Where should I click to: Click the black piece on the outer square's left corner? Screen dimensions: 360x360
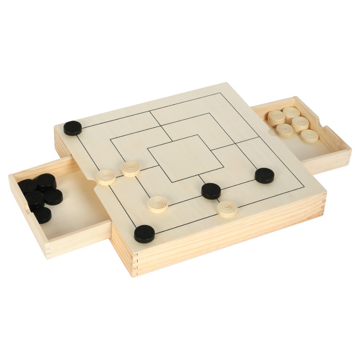click(x=73, y=128)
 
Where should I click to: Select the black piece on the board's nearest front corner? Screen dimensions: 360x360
click(x=144, y=233)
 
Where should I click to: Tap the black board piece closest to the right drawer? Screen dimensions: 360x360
click(x=264, y=175)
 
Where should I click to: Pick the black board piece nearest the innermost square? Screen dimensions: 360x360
click(x=211, y=190)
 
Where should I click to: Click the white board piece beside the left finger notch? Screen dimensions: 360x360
click(x=106, y=177)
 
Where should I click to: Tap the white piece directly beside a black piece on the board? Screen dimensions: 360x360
click(x=227, y=208)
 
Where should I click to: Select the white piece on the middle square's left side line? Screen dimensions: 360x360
click(x=131, y=168)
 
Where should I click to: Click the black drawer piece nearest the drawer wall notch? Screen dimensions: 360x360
click(x=42, y=214)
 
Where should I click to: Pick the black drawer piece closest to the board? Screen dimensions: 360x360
click(x=53, y=196)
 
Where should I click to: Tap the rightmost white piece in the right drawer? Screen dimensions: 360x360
click(x=309, y=135)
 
